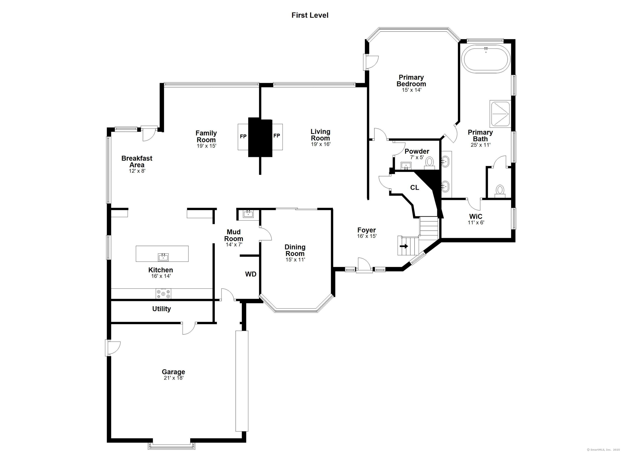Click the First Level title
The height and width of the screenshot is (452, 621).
tap(310, 15)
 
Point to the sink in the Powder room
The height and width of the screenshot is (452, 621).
tap(406, 166)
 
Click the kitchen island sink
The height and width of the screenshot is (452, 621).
tap(163, 257)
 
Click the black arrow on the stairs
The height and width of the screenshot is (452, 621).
tap(404, 246)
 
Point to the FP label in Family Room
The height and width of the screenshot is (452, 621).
tap(243, 136)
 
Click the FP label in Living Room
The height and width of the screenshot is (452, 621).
tap(277, 136)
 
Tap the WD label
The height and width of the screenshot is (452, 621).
tap(250, 274)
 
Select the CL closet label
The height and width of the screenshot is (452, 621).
tap(415, 188)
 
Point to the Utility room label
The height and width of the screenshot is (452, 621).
tap(162, 309)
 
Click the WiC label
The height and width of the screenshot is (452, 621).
tap(476, 216)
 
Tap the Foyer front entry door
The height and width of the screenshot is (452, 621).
tap(364, 266)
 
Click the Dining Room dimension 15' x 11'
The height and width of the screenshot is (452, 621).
tap(295, 260)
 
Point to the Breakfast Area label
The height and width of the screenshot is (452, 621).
tap(137, 161)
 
